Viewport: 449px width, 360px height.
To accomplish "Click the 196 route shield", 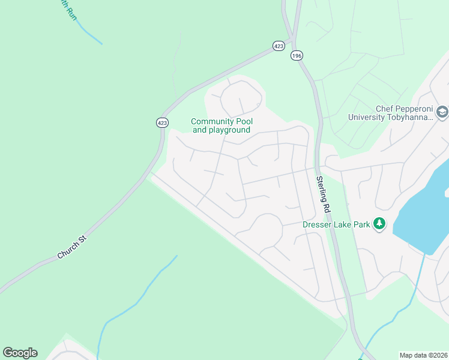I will click(296, 55).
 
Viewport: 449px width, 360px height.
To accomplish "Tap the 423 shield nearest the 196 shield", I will click(278, 46).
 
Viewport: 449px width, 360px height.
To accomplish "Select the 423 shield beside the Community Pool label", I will click(162, 122).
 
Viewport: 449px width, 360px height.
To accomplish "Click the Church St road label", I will click(72, 247).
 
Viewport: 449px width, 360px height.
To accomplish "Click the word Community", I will click(212, 122).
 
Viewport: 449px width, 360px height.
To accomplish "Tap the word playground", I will click(229, 130).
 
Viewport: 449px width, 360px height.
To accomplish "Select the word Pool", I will click(245, 122).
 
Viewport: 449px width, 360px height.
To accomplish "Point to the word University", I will click(367, 117).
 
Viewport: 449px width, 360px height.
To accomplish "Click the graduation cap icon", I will click(442, 112).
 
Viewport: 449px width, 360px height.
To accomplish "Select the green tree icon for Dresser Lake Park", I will click(379, 224).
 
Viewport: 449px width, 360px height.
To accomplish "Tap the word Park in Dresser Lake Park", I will click(360, 224).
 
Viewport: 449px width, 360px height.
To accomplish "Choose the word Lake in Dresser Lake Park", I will click(340, 224).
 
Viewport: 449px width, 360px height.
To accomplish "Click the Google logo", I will click(20, 353).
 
